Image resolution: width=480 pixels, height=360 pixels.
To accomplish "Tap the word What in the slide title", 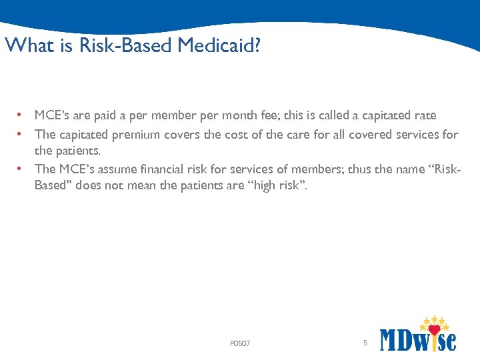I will pyautogui.click(x=23, y=46).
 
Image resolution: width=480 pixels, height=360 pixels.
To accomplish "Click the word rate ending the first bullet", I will pyautogui.click(x=424, y=115).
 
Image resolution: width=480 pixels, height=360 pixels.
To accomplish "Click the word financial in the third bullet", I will pyautogui.click(x=192, y=169).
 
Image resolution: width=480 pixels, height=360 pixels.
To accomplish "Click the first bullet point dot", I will pyautogui.click(x=21, y=115).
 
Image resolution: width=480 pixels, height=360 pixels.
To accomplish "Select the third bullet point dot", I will pyautogui.click(x=21, y=169).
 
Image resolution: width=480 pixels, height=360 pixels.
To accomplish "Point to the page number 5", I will pyautogui.click(x=365, y=343).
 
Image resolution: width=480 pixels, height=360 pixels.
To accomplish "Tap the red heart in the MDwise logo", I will pyautogui.click(x=435, y=330).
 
